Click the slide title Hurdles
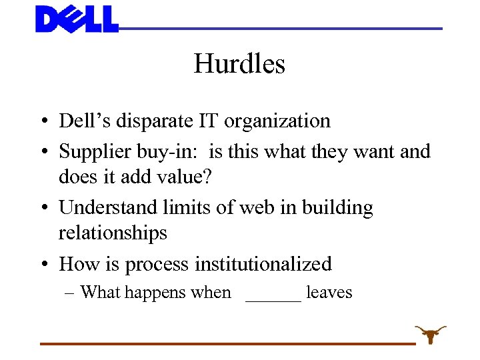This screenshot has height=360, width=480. (239, 64)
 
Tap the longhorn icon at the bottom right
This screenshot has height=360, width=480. (431, 333)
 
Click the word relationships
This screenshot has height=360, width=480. (113, 233)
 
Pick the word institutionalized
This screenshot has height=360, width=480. (263, 264)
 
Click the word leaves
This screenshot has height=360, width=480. (329, 292)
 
